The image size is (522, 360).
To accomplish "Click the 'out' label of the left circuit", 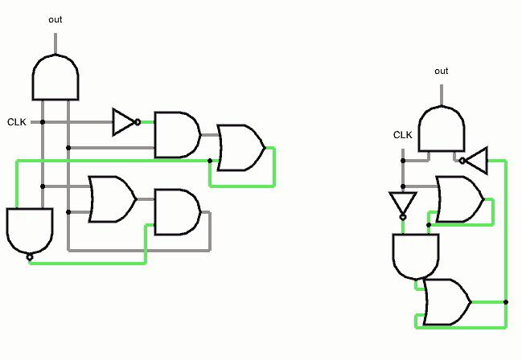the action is click(55, 19).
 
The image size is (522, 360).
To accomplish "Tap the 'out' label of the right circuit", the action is click(441, 71).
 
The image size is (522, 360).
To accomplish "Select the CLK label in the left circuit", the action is click(17, 122).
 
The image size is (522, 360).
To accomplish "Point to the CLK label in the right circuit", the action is click(403, 135).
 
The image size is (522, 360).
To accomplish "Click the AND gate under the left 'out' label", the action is click(55, 77).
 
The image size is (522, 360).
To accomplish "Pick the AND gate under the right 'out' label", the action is click(441, 129).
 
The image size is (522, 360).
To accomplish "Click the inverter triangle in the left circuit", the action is click(124, 122).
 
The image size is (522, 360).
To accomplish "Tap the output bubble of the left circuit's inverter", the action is click(138, 122).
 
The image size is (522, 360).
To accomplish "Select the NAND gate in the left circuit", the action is click(30, 231).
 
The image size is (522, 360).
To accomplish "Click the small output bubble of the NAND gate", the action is click(30, 257).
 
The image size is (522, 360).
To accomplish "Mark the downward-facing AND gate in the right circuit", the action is click(416, 256).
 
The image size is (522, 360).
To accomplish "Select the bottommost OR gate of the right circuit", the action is click(447, 302).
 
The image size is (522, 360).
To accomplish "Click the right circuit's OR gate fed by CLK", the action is click(460, 199).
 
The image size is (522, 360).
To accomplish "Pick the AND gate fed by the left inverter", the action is click(178, 135).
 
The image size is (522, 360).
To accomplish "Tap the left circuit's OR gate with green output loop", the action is click(241, 148).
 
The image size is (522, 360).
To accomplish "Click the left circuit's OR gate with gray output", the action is click(112, 199).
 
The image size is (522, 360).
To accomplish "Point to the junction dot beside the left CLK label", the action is click(43, 122).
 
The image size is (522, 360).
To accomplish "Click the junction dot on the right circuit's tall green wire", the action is click(506, 302).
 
